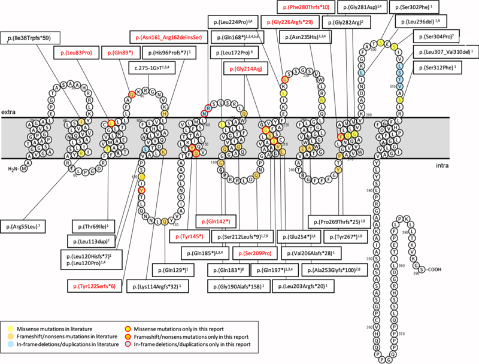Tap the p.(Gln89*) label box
tap(122, 53)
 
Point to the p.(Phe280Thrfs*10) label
tap(305, 7)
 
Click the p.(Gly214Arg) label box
tap(244, 70)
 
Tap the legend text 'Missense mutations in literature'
tap(60, 328)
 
